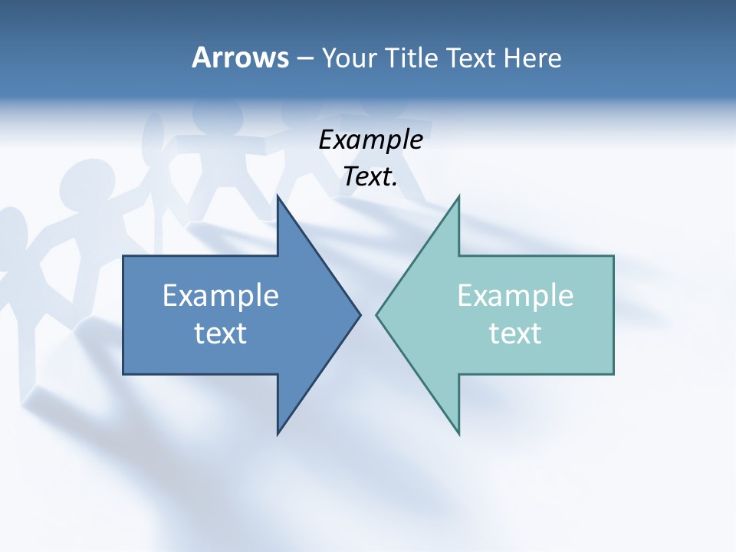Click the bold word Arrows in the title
pos(239,58)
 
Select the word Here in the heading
pos(532,58)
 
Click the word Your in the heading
pos(348,58)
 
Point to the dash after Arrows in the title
pos(304,58)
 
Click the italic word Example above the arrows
pos(370,140)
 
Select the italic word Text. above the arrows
pos(370,177)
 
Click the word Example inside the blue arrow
pos(221,296)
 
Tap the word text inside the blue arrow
pos(221,333)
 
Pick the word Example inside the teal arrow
pos(515,296)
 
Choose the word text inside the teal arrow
pos(515,333)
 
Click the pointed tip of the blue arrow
pos(360,314)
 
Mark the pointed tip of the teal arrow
pos(376,314)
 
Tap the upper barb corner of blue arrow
pos(278,196)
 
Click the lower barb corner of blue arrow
pos(278,434)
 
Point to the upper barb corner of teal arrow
pos(458,196)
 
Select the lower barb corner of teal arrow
pos(458,434)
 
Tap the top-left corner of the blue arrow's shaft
pos(124,257)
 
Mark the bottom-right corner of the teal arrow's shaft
pos(613,373)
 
